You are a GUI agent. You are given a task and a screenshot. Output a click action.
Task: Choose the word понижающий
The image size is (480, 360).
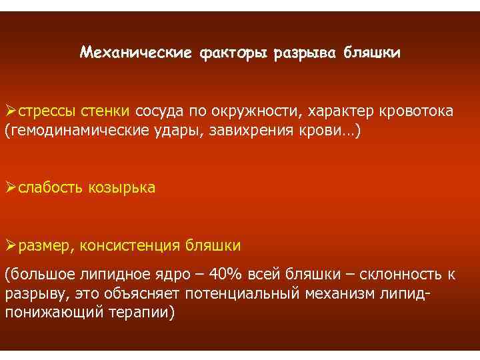click(53, 312)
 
